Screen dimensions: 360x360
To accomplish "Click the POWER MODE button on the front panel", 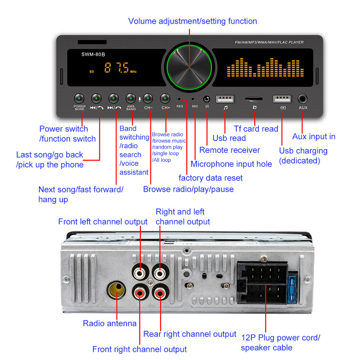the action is [79, 98].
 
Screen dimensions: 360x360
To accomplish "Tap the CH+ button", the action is [165, 98].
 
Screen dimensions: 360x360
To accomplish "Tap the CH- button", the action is [148, 98].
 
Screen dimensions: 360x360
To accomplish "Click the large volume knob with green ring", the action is [190, 67].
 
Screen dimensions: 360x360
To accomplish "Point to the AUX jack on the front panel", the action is [303, 99].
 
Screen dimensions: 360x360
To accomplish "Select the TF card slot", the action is [254, 99].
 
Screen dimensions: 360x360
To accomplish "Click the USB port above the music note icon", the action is [225, 99].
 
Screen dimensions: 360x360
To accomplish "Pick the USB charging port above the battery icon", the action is [282, 99].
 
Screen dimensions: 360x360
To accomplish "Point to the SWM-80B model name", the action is [93, 54].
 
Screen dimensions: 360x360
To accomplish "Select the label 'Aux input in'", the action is [314, 137].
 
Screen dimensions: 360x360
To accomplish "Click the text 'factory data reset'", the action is [210, 178].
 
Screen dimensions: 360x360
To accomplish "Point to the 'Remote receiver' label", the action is [229, 150].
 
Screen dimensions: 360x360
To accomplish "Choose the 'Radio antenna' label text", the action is [110, 323].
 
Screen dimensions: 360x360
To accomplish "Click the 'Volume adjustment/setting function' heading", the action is [192, 21].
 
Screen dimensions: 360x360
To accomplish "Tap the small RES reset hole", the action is [179, 99].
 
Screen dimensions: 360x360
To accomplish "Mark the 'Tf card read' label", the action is [256, 129].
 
